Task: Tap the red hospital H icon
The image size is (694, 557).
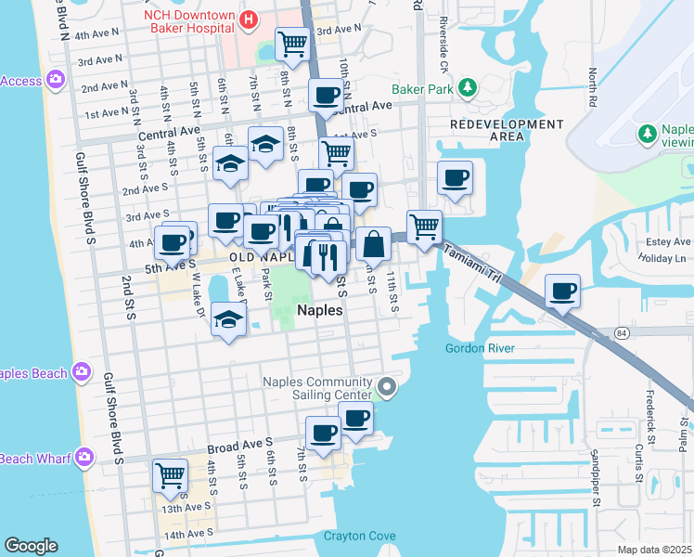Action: point(249,19)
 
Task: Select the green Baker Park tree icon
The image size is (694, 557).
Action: point(469,88)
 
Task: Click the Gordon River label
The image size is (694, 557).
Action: point(480,348)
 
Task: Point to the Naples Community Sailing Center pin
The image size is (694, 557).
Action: point(388,387)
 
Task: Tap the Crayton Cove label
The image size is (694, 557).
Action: point(359,536)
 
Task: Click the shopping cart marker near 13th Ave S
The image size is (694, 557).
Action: point(171,474)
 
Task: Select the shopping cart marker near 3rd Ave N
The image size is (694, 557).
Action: point(293,42)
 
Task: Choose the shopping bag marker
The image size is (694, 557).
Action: point(373,243)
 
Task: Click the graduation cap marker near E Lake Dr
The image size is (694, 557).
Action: point(228,319)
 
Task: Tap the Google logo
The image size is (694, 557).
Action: point(31,546)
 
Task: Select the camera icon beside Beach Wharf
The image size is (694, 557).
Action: point(85,458)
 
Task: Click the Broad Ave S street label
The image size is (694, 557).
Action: point(240,446)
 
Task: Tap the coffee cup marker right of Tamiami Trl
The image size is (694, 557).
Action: point(563,291)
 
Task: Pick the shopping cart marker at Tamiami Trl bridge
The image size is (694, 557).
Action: point(424,225)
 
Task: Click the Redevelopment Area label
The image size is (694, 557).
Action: point(506,130)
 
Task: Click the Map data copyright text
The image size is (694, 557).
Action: point(655,550)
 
